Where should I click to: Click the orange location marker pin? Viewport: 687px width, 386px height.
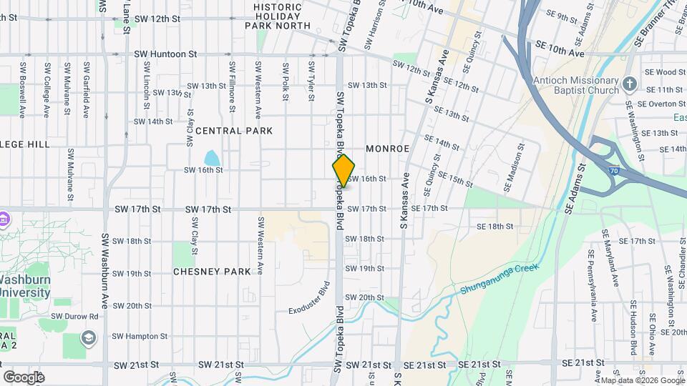coord(343,170)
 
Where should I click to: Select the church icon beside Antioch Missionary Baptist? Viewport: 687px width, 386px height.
coord(630,85)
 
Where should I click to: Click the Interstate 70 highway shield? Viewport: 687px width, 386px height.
coord(615,172)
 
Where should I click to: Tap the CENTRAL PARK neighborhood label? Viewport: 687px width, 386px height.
coord(234,131)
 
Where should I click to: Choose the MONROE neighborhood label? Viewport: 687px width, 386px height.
coord(387,149)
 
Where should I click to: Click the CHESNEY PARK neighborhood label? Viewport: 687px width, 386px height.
coord(212,272)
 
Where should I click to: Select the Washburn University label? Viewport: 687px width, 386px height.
coord(25,286)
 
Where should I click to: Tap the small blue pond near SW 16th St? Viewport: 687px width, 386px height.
coord(212,157)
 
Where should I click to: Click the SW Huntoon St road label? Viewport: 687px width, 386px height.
coord(165,54)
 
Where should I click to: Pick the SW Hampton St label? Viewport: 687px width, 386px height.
coord(140,336)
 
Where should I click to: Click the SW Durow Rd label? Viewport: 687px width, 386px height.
coord(74,316)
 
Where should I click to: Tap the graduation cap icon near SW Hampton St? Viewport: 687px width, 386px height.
coord(88,337)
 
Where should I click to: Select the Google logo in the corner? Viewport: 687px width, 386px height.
coord(24,377)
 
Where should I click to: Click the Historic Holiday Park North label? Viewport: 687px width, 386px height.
coord(278,16)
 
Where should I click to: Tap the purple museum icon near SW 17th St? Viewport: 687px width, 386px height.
coord(4,217)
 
